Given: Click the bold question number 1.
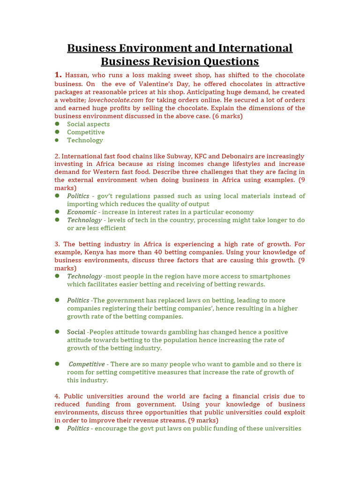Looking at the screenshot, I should [x=58, y=75].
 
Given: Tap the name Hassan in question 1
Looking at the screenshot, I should [x=76, y=75].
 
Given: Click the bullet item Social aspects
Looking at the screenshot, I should [x=88, y=124].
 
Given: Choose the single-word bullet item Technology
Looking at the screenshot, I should [x=85, y=140].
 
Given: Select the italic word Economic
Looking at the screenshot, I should [x=82, y=212].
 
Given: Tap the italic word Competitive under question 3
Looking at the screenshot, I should [x=87, y=364].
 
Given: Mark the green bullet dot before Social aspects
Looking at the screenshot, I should [x=57, y=124].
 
